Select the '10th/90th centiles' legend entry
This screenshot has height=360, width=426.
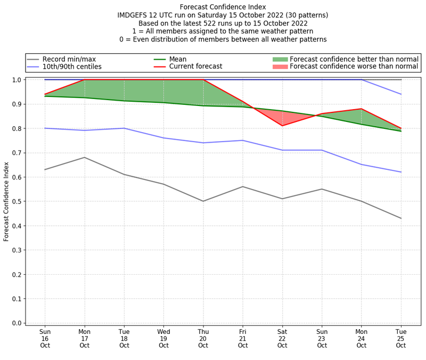71,67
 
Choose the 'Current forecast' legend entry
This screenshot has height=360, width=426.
195,67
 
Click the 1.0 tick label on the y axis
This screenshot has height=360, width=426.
16,80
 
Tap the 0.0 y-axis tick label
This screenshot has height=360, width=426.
16,323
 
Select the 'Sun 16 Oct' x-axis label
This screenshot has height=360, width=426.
45,338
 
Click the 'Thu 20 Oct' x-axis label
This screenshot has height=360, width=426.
203,338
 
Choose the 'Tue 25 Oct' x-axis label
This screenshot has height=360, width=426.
400,338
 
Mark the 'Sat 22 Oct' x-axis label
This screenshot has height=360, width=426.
282,338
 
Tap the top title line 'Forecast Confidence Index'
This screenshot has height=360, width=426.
223,7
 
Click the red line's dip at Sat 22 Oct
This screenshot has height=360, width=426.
282,126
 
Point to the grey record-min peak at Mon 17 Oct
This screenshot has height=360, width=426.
85,157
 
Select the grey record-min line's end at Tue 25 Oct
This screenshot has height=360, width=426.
400,218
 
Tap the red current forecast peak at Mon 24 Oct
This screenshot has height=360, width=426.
361,109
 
